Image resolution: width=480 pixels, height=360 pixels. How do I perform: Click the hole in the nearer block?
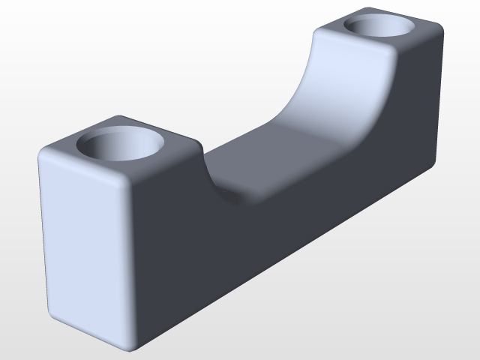pyautogui.click(x=121, y=147)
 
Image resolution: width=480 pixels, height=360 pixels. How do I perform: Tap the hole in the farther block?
pyautogui.click(x=380, y=27)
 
